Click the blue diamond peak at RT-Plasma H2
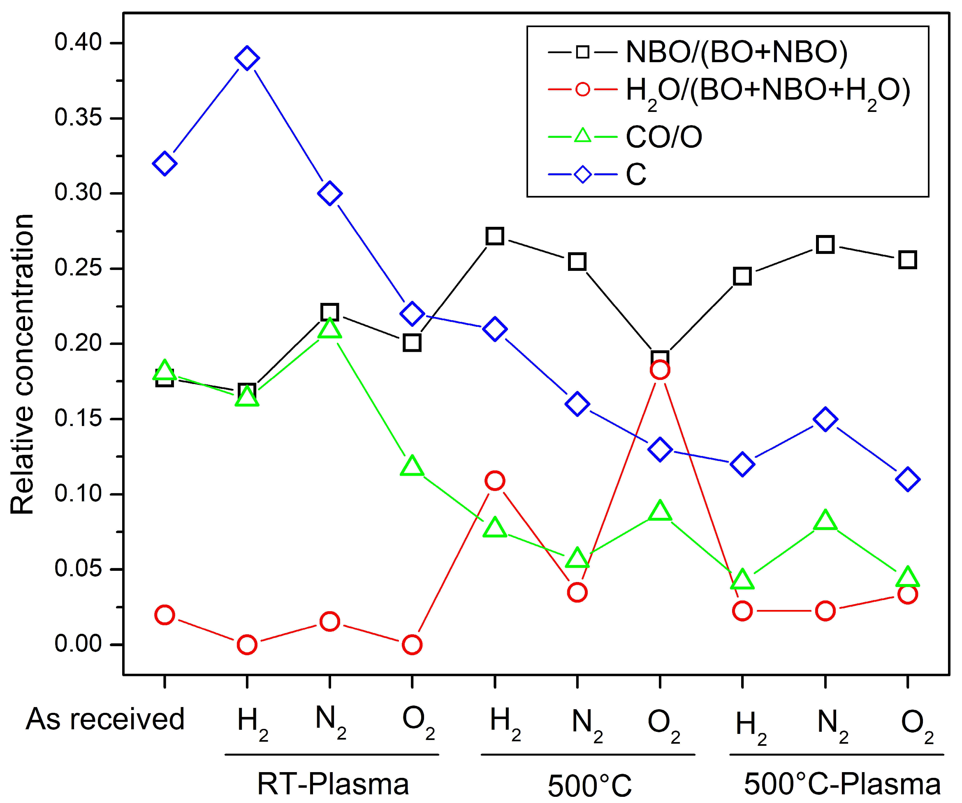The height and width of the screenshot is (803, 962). coord(247,58)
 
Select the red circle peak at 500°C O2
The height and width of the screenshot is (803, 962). coord(660,370)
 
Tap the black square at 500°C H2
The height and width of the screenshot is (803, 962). coord(495,236)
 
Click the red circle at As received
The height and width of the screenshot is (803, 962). coord(165,614)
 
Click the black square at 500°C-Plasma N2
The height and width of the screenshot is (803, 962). coord(825,244)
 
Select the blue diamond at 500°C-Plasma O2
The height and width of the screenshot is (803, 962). coord(907,479)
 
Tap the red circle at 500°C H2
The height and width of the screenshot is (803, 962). coord(495,481)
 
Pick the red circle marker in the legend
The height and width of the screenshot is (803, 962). coord(582,89)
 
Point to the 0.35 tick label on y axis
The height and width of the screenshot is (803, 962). coord(78,118)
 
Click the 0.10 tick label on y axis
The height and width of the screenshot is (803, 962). coord(78,493)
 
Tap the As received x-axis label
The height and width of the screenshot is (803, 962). coord(105,719)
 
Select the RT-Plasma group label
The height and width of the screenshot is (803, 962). coord(333,783)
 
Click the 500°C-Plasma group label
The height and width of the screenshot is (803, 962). coord(842,783)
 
